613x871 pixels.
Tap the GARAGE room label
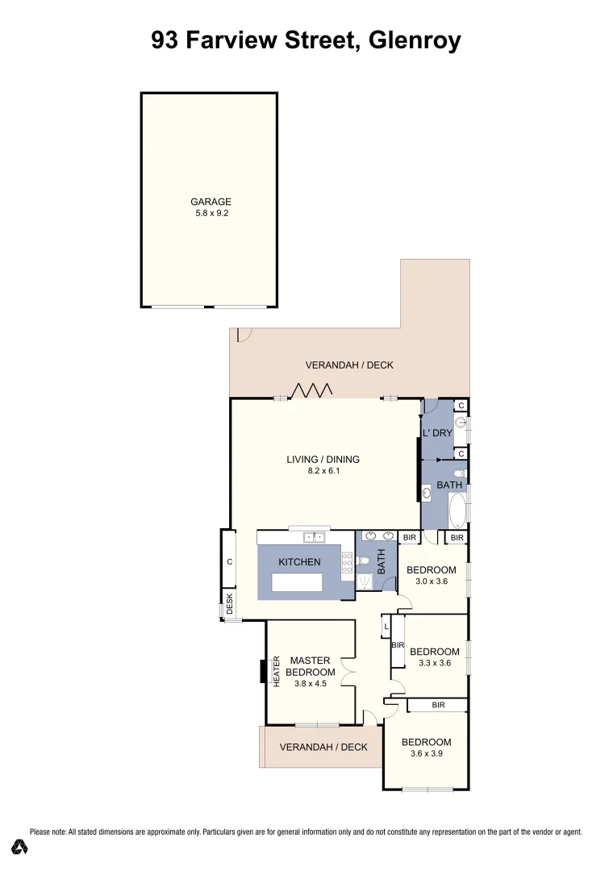[211, 202]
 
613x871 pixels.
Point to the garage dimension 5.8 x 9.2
[211, 215]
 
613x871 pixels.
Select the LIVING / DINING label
[323, 460]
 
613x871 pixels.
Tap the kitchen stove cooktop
[347, 564]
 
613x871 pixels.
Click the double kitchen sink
[313, 536]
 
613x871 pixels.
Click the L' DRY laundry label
[438, 433]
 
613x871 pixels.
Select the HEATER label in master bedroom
[276, 671]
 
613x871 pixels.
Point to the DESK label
[229, 604]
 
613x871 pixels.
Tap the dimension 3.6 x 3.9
[426, 753]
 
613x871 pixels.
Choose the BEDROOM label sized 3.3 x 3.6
[435, 652]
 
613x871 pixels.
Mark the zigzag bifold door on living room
[312, 391]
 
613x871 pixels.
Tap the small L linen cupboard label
[387, 626]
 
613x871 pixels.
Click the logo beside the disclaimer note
[20, 847]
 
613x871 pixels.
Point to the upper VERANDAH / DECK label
[349, 365]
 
